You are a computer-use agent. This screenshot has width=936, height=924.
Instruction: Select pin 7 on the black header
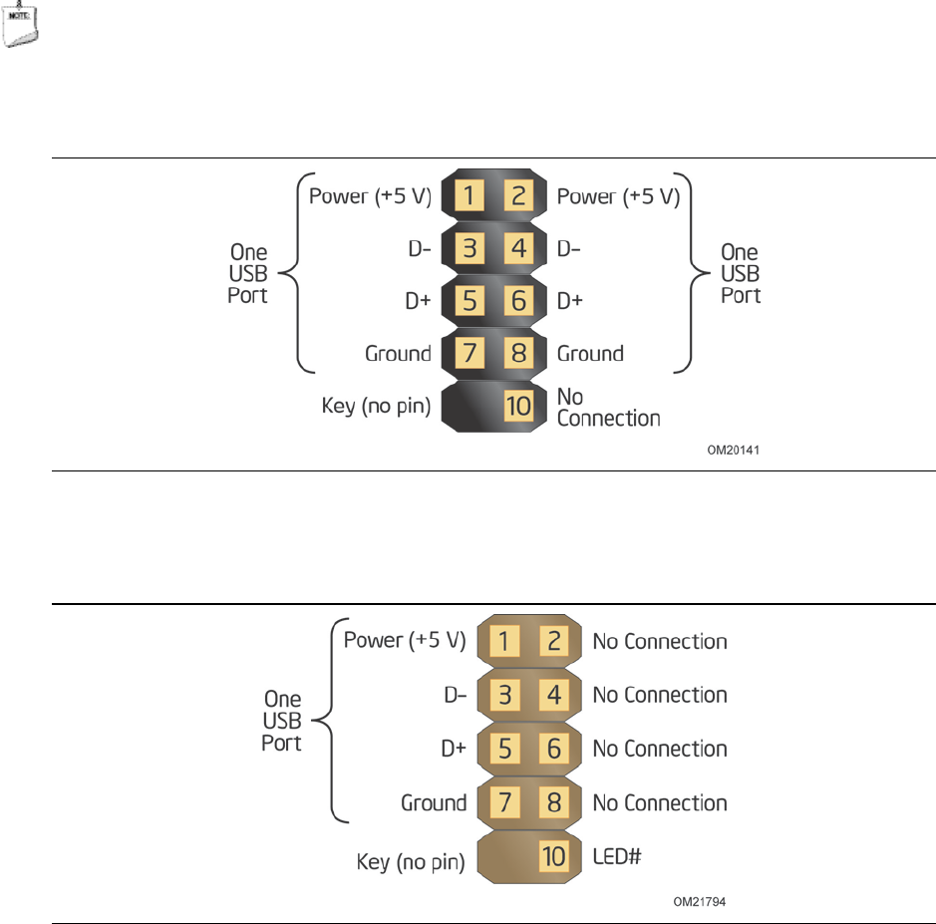[x=468, y=353]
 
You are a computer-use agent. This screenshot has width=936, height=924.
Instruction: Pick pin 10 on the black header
[x=518, y=406]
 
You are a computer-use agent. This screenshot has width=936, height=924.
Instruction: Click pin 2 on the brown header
[x=554, y=641]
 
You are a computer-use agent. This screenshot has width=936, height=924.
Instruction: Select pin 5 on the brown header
[x=504, y=749]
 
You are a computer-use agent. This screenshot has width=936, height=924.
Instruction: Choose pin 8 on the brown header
[x=554, y=802]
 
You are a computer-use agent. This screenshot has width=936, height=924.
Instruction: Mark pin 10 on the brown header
[x=554, y=856]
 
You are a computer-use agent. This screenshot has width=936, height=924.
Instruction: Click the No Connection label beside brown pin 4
[x=660, y=695]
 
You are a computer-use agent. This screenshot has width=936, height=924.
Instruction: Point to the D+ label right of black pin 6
[x=570, y=300]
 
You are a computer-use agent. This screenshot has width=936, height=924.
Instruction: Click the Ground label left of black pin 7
[x=398, y=353]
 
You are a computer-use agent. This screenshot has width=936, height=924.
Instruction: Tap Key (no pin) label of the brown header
[x=411, y=862]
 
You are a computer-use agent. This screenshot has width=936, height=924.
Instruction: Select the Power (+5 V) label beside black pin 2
[x=618, y=196]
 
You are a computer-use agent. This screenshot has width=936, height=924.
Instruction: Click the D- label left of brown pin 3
[x=456, y=695]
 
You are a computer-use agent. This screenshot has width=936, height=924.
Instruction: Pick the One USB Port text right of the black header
[x=740, y=274]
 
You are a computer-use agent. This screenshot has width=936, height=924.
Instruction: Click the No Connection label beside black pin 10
[x=608, y=408]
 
